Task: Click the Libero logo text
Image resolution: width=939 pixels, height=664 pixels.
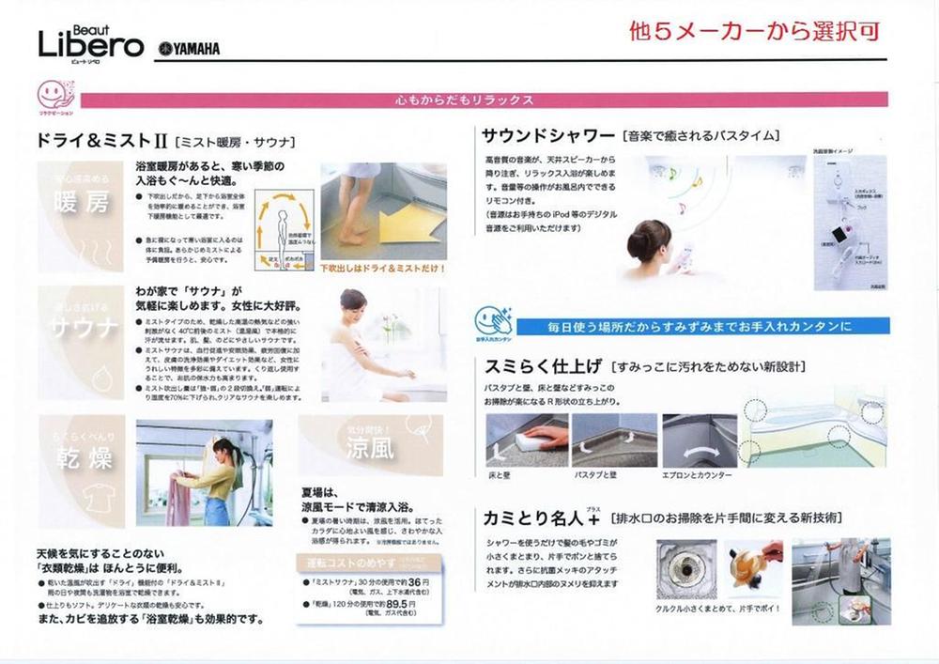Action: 90,44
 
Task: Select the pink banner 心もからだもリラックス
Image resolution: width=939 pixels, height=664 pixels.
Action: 465,100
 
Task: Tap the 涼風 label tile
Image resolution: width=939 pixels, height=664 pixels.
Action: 370,447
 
